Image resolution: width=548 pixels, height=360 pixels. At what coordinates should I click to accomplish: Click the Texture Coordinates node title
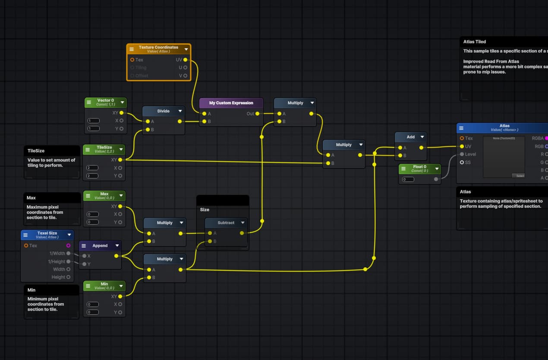tap(158, 47)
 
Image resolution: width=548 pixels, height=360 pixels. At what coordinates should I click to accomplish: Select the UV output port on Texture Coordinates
tap(185, 60)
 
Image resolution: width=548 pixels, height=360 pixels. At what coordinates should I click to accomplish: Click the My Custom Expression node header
tap(231, 103)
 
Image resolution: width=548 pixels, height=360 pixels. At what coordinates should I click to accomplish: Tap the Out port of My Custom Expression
tap(257, 114)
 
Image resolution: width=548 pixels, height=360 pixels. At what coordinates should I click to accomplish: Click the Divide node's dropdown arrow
tap(180, 111)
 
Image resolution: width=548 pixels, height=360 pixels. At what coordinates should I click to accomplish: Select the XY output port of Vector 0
tap(121, 113)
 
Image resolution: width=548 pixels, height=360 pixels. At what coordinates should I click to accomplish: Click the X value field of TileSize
tap(93, 168)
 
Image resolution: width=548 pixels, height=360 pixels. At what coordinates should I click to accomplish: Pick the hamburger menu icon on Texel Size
tap(25, 235)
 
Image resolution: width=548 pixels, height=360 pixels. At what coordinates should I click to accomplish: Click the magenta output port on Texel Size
tap(68, 246)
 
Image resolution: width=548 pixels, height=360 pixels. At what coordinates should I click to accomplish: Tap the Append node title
tap(100, 246)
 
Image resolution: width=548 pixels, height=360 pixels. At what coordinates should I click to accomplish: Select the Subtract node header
tap(226, 223)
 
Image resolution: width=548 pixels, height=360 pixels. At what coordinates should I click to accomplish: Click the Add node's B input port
tap(399, 156)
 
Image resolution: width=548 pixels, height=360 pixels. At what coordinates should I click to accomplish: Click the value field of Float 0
tap(408, 179)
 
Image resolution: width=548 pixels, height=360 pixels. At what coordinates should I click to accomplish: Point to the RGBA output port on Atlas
tap(546, 138)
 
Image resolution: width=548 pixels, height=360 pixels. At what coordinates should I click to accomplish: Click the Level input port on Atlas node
tap(462, 154)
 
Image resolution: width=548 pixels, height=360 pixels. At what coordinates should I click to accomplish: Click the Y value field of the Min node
tap(93, 312)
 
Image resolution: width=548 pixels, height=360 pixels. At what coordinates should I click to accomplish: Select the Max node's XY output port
tap(120, 207)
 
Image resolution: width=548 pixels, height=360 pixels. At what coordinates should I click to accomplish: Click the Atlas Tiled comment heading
tap(475, 42)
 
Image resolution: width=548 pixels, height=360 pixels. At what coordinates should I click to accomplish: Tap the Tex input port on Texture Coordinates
tap(132, 60)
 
